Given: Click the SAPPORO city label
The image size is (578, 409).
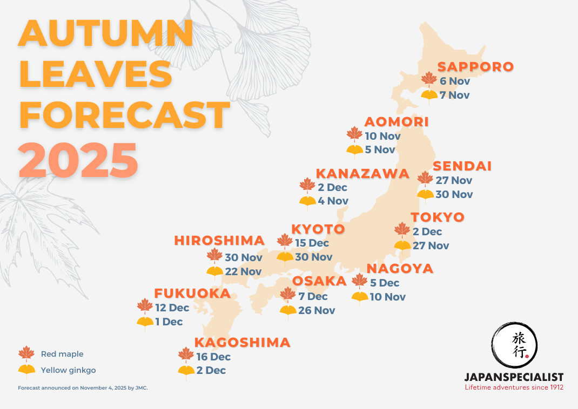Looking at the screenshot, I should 475,67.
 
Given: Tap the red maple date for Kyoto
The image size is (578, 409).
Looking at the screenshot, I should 312,243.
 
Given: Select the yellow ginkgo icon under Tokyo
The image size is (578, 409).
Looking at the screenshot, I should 402,247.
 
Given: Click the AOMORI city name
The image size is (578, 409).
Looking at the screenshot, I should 396,122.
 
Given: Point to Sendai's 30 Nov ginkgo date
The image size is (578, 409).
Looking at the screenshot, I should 454,194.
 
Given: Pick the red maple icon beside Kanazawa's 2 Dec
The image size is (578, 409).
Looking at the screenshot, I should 307,186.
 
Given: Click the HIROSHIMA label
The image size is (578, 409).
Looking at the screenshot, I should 219,241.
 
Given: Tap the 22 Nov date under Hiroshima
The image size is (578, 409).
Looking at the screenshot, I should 243,271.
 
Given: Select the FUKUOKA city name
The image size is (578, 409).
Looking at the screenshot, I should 192,294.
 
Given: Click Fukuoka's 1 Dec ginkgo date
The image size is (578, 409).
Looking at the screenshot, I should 169,322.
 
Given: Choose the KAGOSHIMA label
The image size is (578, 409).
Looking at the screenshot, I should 242,343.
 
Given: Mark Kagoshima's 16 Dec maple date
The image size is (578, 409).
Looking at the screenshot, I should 213,357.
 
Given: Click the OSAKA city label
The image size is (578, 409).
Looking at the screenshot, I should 319,281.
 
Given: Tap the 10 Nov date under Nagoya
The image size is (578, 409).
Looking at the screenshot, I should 387,297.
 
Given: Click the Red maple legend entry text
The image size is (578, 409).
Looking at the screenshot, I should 62,354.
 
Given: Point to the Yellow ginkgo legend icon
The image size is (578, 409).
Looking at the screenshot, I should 26,371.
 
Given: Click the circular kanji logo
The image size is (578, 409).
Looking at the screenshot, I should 514,346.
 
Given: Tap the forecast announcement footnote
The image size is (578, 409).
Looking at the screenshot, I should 83,388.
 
